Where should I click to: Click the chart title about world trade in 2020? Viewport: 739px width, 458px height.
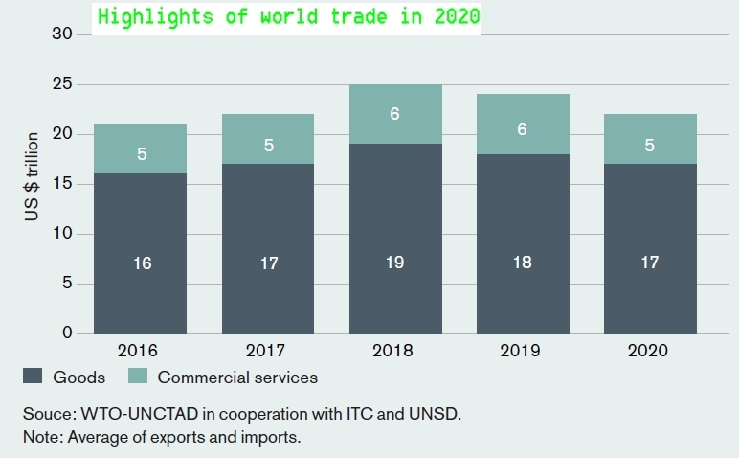coord(287,17)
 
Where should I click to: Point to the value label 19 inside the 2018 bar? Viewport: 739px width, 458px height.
coord(395,263)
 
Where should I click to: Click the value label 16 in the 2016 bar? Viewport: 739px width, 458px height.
coord(142,263)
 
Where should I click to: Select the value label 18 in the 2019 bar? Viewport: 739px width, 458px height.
coord(522,263)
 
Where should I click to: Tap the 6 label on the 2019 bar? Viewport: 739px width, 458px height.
coord(522,128)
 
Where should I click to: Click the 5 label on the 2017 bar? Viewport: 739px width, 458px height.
coord(269,147)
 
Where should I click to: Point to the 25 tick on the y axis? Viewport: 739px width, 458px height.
coord(64,84)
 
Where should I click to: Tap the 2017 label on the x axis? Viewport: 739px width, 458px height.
coord(269,351)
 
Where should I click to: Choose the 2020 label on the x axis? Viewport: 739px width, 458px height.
coord(648,351)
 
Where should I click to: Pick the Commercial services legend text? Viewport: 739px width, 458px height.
coord(237,378)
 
